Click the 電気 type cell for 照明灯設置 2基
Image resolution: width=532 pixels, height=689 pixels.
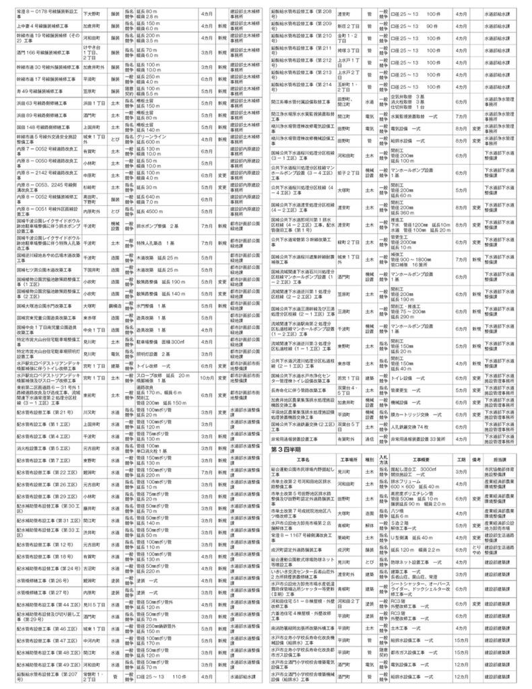coord(114,353)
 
